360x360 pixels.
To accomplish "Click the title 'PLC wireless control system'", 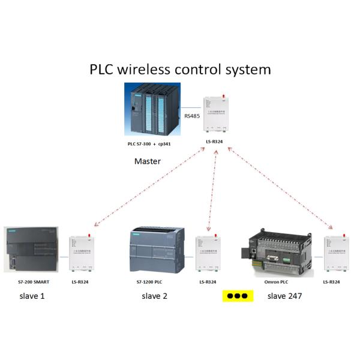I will (180, 69).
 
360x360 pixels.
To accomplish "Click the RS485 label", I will (193, 115).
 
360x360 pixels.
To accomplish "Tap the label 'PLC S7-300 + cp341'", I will (153, 145).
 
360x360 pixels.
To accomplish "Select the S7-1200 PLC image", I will (157, 251).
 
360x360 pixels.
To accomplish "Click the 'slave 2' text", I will (155, 296).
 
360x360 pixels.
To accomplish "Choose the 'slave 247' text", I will (284, 296).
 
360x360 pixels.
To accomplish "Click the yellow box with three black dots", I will (238, 296).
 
